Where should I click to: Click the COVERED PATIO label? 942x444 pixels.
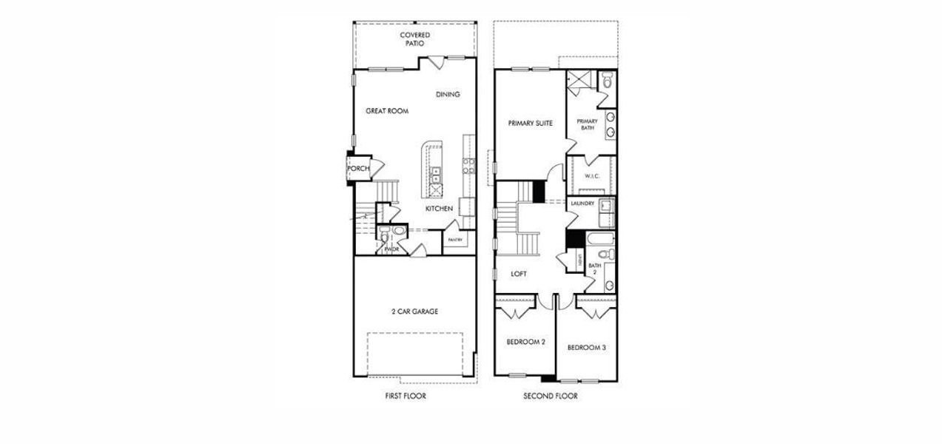click(x=414, y=39)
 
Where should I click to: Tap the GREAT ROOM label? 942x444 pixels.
click(x=387, y=111)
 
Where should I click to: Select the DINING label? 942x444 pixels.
click(x=448, y=94)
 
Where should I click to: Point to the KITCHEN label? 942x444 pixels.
click(x=439, y=209)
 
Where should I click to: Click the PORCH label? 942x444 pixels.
click(x=358, y=169)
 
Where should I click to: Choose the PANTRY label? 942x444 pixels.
click(x=454, y=240)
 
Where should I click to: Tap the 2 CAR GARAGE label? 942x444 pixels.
click(x=414, y=312)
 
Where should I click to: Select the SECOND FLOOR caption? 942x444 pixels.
click(x=551, y=396)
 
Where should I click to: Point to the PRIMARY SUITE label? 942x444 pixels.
click(x=531, y=123)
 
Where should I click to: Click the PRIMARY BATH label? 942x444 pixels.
click(x=588, y=124)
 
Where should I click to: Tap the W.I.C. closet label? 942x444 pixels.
click(x=592, y=176)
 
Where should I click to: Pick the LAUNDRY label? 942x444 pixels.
click(x=583, y=203)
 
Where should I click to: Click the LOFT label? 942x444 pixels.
click(x=519, y=274)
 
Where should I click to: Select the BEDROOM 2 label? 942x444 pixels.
click(x=526, y=342)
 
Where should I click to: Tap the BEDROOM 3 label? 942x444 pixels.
click(x=587, y=346)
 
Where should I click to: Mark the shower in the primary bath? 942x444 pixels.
click(x=580, y=80)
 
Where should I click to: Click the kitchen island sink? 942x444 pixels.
click(x=436, y=175)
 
